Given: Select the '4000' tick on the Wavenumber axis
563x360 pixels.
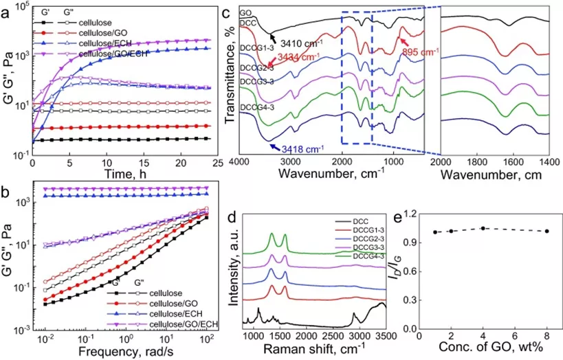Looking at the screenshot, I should [x=240, y=161].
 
